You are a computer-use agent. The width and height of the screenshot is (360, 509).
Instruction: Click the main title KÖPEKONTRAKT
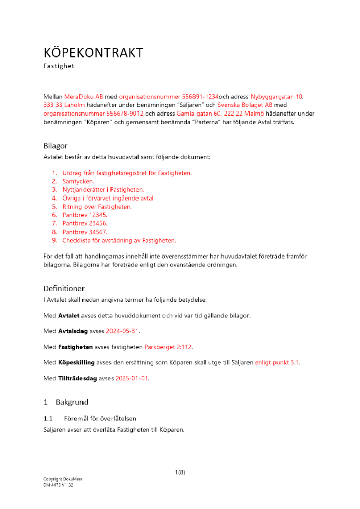coord(93,53)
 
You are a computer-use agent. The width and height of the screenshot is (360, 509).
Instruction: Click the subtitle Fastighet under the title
coord(59,66)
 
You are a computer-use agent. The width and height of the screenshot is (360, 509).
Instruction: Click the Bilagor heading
coord(56,146)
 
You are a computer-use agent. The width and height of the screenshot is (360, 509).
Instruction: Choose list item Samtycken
coord(78,181)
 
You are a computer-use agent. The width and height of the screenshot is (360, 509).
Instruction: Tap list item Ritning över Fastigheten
coord(97,207)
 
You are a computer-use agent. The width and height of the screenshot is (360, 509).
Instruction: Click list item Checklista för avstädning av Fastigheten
coord(119,240)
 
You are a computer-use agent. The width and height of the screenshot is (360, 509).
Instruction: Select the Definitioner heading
coord(64,289)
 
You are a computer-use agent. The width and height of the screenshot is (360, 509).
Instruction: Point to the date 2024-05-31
coord(122,331)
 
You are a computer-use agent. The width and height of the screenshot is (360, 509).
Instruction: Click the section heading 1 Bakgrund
coord(66,402)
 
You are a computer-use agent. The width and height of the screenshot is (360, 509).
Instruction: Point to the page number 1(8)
coord(180,472)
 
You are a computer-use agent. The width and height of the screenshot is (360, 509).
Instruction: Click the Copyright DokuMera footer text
coord(63,479)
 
